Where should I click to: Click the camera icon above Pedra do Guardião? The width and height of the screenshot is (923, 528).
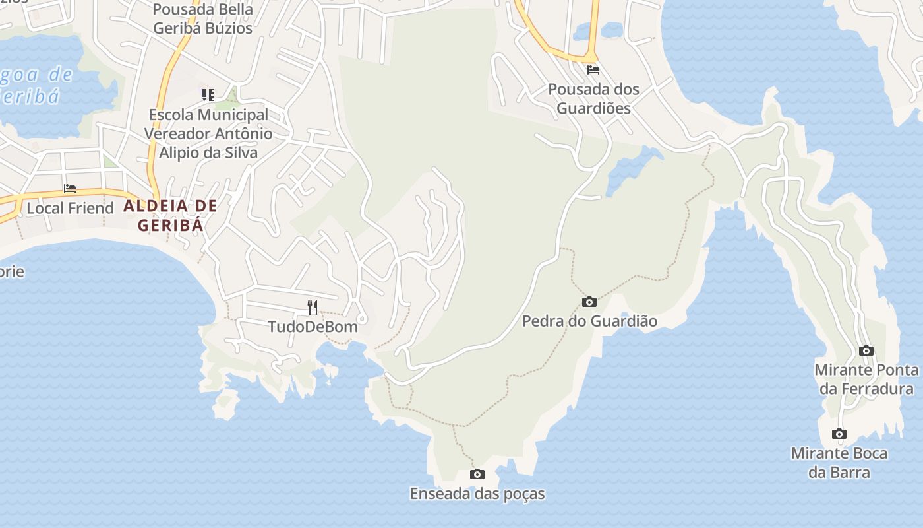pyautogui.click(x=589, y=302)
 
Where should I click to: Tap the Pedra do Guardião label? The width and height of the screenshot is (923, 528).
pyautogui.click(x=589, y=321)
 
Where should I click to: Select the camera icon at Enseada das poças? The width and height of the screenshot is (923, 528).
pyautogui.click(x=477, y=475)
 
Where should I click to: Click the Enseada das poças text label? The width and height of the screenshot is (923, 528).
pyautogui.click(x=477, y=494)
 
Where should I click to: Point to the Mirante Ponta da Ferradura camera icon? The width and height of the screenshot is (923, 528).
pyautogui.click(x=866, y=351)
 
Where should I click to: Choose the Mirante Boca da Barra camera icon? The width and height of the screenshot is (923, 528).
pyautogui.click(x=839, y=434)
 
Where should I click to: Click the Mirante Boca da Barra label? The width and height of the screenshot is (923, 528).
pyautogui.click(x=839, y=463)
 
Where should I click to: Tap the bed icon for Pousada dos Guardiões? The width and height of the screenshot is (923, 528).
pyautogui.click(x=593, y=70)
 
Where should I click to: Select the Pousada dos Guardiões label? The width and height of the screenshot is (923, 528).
pyautogui.click(x=594, y=98)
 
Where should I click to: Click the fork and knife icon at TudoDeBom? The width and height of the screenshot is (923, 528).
pyautogui.click(x=313, y=308)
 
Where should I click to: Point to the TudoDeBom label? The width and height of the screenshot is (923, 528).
pyautogui.click(x=313, y=327)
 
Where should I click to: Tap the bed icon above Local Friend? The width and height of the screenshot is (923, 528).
pyautogui.click(x=70, y=189)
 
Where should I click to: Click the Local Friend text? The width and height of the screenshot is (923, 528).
pyautogui.click(x=70, y=208)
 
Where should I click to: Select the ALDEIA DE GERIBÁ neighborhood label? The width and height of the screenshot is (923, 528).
pyautogui.click(x=170, y=215)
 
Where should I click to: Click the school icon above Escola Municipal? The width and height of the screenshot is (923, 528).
pyautogui.click(x=208, y=95)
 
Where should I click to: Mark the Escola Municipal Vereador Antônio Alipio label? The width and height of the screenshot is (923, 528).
pyautogui.click(x=208, y=133)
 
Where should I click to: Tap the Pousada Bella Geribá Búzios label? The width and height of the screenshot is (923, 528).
pyautogui.click(x=202, y=19)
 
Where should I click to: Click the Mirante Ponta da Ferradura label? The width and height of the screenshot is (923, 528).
pyautogui.click(x=866, y=379)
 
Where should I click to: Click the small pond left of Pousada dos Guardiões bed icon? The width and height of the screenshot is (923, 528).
pyautogui.click(x=597, y=30)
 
